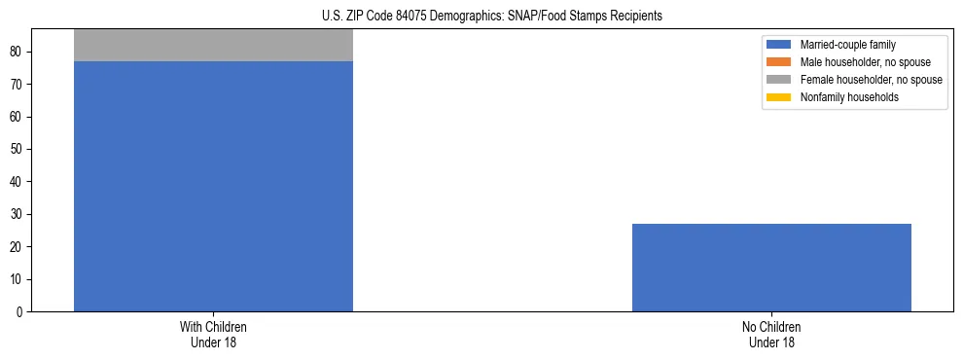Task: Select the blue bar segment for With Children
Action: point(213,185)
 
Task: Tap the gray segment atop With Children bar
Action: point(213,45)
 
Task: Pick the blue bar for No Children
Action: point(771,268)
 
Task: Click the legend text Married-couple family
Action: point(848,45)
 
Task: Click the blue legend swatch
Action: point(779,45)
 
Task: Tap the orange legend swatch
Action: point(779,62)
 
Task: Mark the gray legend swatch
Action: point(779,80)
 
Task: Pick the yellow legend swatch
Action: point(779,97)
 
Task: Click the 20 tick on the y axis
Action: point(18,247)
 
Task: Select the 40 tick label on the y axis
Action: point(18,182)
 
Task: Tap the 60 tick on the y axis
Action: point(18,117)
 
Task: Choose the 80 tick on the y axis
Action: point(18,52)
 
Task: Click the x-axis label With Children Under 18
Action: point(213,334)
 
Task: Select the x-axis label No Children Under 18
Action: point(771,334)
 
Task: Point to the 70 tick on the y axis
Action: point(18,85)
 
